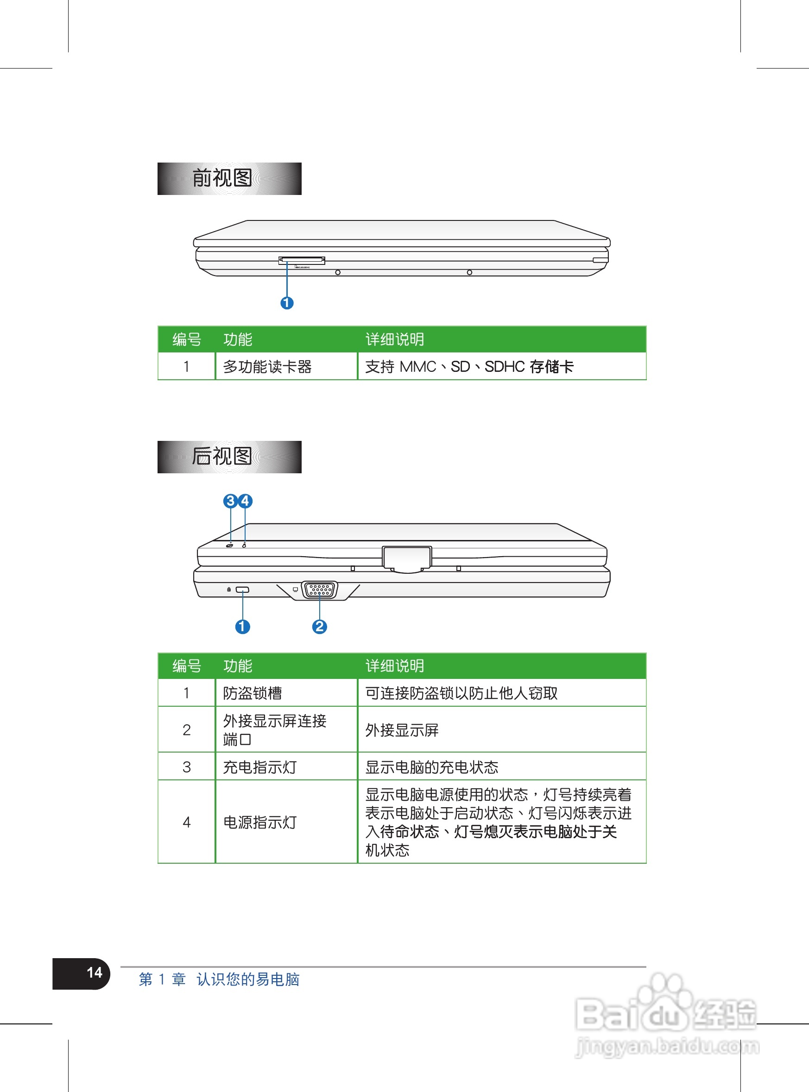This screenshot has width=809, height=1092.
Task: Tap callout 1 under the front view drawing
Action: click(x=287, y=303)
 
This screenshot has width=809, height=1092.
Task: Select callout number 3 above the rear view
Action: click(x=230, y=501)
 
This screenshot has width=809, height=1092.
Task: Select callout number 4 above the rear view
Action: click(x=245, y=501)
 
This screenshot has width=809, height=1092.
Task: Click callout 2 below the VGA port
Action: click(x=319, y=627)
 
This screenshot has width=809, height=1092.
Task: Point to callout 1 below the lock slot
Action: click(x=242, y=627)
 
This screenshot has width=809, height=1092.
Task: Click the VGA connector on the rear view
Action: click(x=320, y=590)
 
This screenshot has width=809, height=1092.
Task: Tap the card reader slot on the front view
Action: click(x=302, y=260)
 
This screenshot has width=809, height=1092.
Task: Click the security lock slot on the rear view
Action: click(x=242, y=590)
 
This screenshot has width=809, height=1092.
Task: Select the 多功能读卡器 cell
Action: click(x=267, y=367)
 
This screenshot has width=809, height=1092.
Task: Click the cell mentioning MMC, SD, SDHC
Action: click(x=469, y=367)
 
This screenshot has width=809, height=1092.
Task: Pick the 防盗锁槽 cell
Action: click(x=253, y=693)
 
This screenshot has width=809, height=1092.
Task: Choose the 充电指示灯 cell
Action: click(x=260, y=767)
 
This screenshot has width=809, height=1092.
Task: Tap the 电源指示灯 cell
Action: click(x=260, y=822)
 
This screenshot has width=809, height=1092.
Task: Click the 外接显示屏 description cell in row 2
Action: click(x=402, y=730)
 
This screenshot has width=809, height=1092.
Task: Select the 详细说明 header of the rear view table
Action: click(x=395, y=666)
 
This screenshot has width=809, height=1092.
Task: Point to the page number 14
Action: click(x=94, y=973)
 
